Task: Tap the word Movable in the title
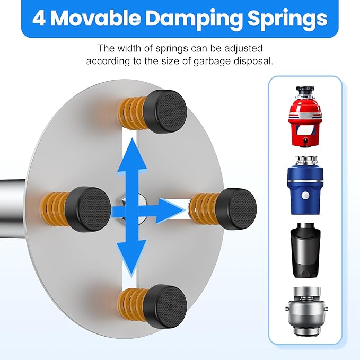pyautogui.click(x=99, y=19)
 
